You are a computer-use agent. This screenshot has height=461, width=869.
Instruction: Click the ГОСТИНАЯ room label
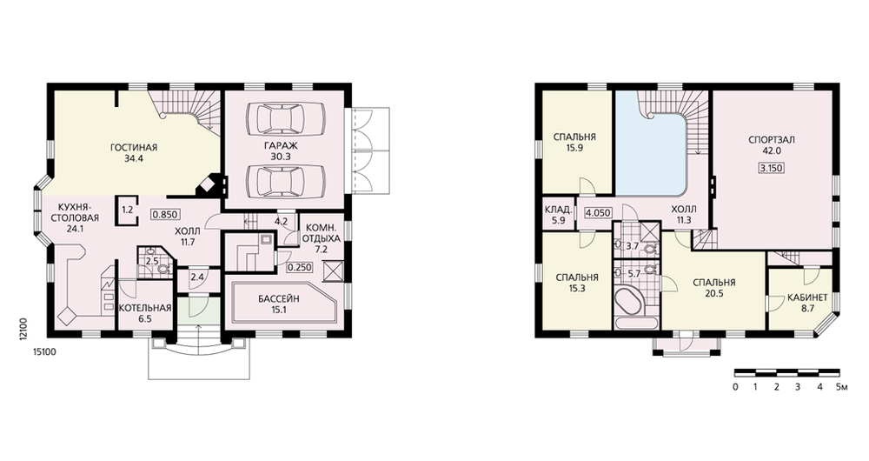click(134, 148)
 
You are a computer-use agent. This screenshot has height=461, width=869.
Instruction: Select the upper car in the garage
click(285, 118)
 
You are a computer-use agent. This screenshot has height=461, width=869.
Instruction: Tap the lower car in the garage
click(285, 180)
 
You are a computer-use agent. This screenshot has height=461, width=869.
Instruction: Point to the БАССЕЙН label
click(278, 299)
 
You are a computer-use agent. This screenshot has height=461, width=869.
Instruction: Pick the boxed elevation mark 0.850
click(164, 215)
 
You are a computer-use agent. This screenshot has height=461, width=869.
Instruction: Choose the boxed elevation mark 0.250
click(300, 267)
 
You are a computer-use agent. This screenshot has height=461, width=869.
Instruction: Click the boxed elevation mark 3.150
click(772, 168)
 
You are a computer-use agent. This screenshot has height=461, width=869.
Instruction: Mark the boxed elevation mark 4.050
click(598, 212)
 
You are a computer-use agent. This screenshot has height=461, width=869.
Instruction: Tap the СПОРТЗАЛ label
click(772, 140)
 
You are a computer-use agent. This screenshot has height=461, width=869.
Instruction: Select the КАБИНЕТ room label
click(807, 297)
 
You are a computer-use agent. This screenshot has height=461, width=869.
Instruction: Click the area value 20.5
click(713, 294)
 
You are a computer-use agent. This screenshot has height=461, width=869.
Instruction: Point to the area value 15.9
click(574, 148)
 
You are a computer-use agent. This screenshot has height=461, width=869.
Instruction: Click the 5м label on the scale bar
click(842, 387)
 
